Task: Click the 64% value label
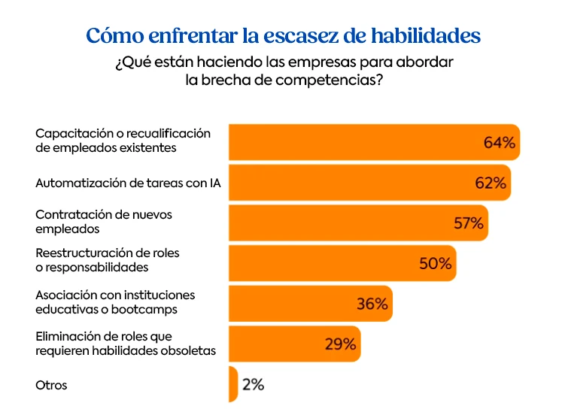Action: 500,142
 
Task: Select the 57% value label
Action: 468,223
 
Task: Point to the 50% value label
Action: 436,263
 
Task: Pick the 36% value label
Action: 372,304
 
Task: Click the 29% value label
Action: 340,344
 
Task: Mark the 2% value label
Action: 253,384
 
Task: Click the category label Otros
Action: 51,385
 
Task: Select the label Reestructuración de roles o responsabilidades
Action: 108,259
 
